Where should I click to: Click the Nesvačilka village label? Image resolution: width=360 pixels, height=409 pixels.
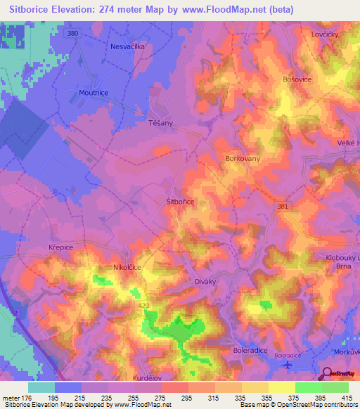pos(127,46)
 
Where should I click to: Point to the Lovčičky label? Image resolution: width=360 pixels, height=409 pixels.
pos(326,34)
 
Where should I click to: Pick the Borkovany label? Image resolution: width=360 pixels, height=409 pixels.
pos(243,160)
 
